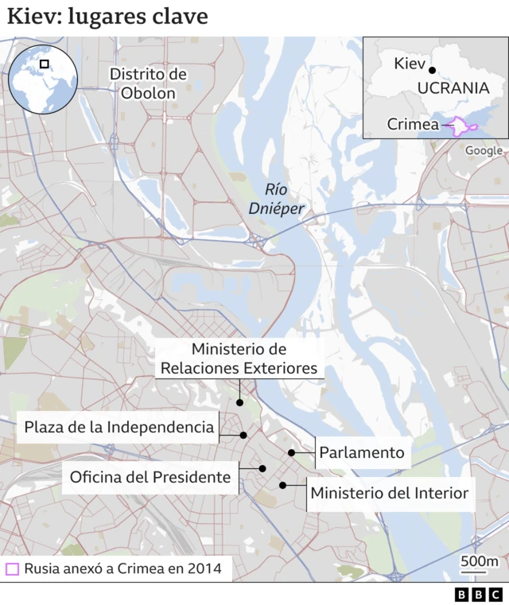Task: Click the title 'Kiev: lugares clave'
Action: click(x=107, y=17)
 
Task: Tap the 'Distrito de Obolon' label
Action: click(x=148, y=83)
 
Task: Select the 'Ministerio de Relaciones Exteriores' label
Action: click(x=239, y=359)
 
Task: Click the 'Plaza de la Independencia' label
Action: click(x=119, y=427)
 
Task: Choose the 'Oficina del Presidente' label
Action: click(x=150, y=477)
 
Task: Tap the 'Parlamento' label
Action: click(x=362, y=453)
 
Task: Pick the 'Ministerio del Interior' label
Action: click(x=389, y=493)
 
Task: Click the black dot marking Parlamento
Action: click(x=292, y=453)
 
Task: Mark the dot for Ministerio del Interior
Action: click(x=282, y=485)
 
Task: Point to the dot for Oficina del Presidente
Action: click(x=262, y=469)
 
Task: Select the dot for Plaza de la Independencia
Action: click(x=243, y=435)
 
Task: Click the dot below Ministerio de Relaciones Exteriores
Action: click(x=239, y=403)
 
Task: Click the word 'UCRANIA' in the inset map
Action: click(x=453, y=87)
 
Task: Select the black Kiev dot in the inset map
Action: click(x=432, y=69)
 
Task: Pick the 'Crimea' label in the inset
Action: click(x=413, y=124)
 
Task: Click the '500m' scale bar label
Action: click(x=479, y=563)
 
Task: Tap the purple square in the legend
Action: click(x=12, y=569)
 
